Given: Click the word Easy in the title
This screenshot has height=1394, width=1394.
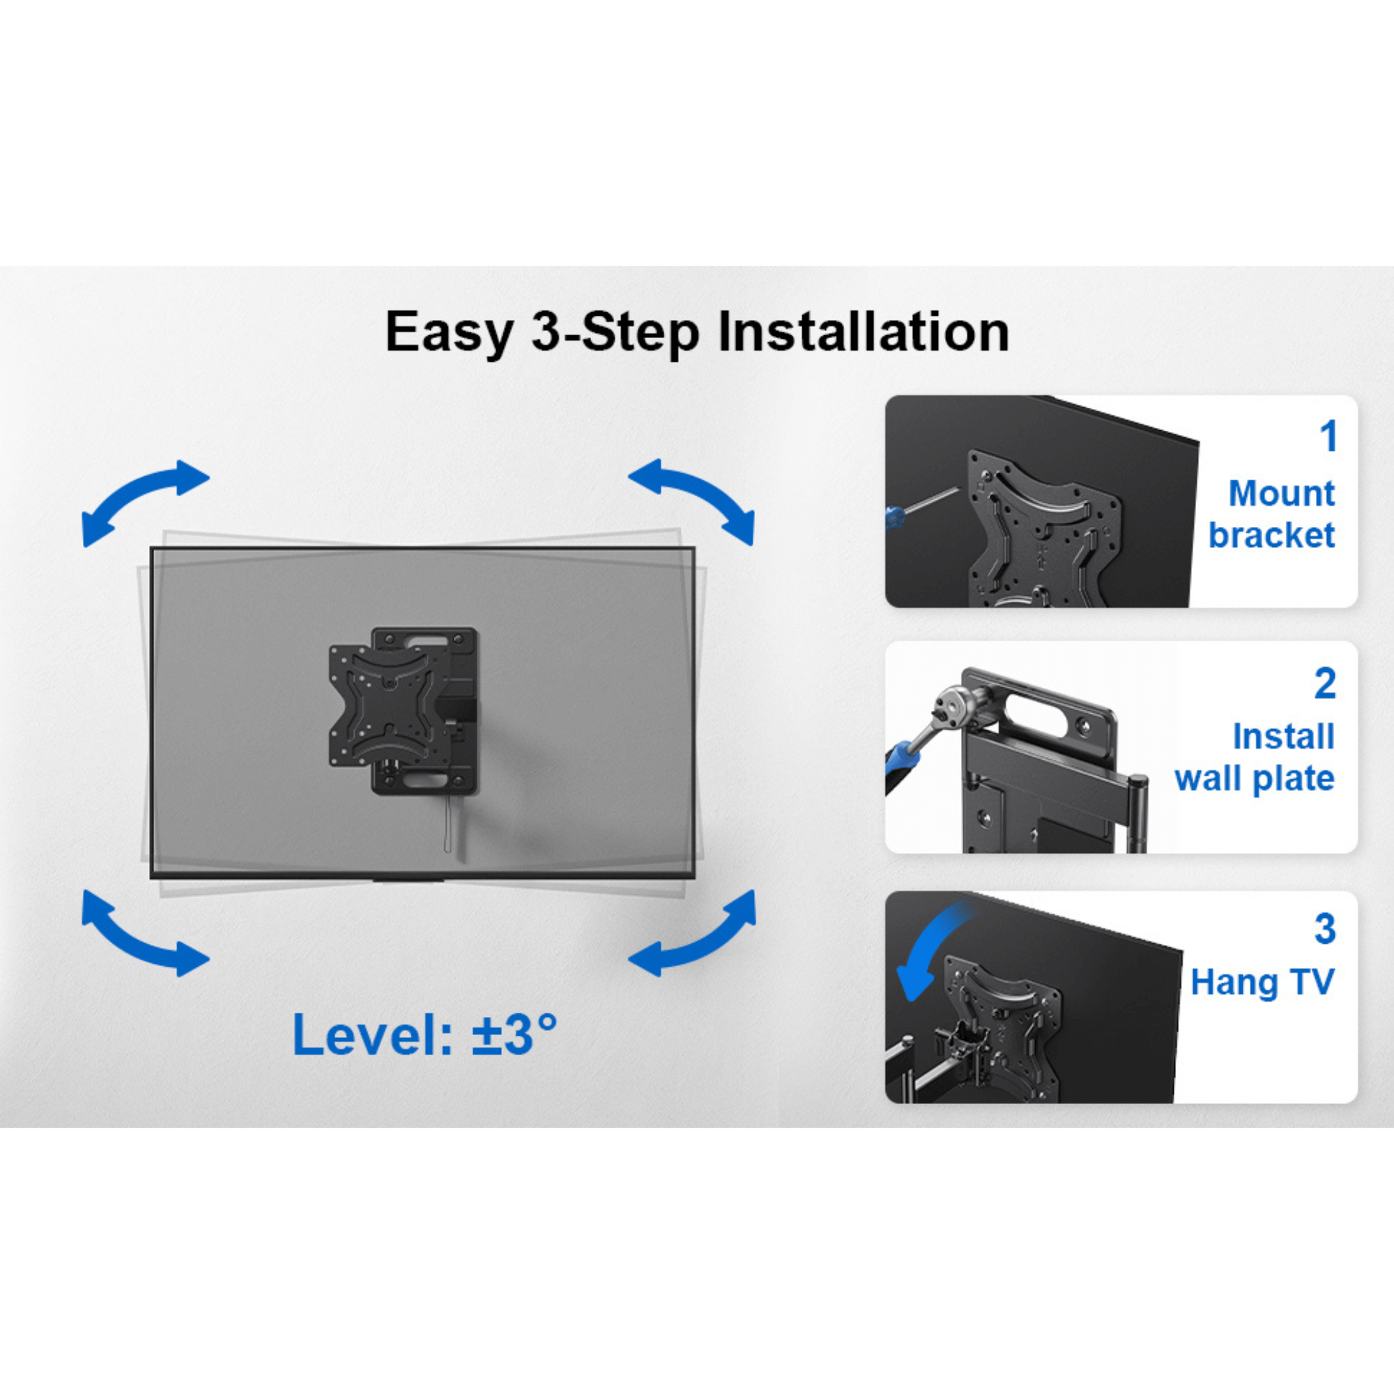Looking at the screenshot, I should pos(448,332).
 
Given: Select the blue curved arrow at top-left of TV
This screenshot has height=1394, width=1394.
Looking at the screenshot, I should pos(144,501).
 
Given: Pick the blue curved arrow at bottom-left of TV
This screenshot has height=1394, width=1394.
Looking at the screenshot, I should pos(144,935).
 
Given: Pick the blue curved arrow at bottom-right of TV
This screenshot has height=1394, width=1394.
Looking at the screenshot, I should pos(692,935).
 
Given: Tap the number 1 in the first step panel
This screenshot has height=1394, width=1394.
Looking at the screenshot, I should pos(1328,436).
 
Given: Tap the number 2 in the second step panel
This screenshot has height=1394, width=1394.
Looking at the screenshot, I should pos(1325,683).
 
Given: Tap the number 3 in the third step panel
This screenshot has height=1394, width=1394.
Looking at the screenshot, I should pos(1325,928).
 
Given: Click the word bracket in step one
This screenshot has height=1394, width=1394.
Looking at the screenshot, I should pos(1271,535).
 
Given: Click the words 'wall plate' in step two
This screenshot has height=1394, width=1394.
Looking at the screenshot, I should pos(1254,779).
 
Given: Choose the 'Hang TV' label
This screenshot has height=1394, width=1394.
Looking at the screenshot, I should pos(1262,982).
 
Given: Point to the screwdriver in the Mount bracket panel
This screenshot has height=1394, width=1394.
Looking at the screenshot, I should pos(920,505).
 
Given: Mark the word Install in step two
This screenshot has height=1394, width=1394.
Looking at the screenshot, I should pos(1283,737).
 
